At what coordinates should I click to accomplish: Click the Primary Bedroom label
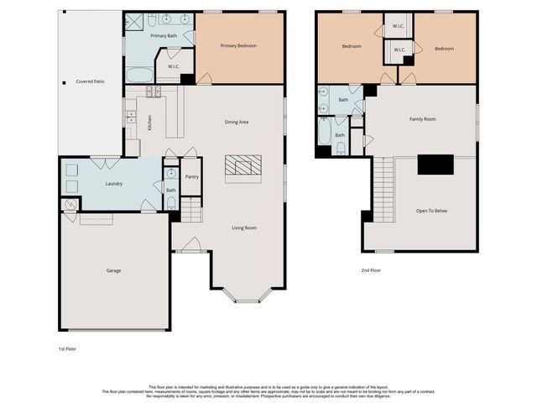pyautogui.click(x=238, y=45)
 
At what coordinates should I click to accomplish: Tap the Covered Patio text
pyautogui.click(x=91, y=81)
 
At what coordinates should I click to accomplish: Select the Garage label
pyautogui.click(x=114, y=270)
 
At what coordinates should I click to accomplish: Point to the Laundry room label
pyautogui.click(x=114, y=183)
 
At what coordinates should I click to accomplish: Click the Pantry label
pyautogui.click(x=192, y=176)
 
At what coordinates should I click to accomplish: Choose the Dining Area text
pyautogui.click(x=237, y=122)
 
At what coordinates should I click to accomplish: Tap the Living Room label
pyautogui.click(x=244, y=228)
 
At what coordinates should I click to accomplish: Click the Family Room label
pyautogui.click(x=422, y=119)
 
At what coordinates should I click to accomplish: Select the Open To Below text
pyautogui.click(x=431, y=210)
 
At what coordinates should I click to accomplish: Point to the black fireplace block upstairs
pyautogui.click(x=435, y=165)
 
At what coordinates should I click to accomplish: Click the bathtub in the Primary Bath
pyautogui.click(x=139, y=75)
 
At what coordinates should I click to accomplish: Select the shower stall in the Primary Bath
pyautogui.click(x=134, y=22)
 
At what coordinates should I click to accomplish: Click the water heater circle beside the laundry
pyautogui.click(x=70, y=204)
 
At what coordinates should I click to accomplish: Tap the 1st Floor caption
pyautogui.click(x=68, y=348)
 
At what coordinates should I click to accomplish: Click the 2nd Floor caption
pyautogui.click(x=372, y=270)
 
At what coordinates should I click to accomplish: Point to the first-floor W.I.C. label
pyautogui.click(x=174, y=66)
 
